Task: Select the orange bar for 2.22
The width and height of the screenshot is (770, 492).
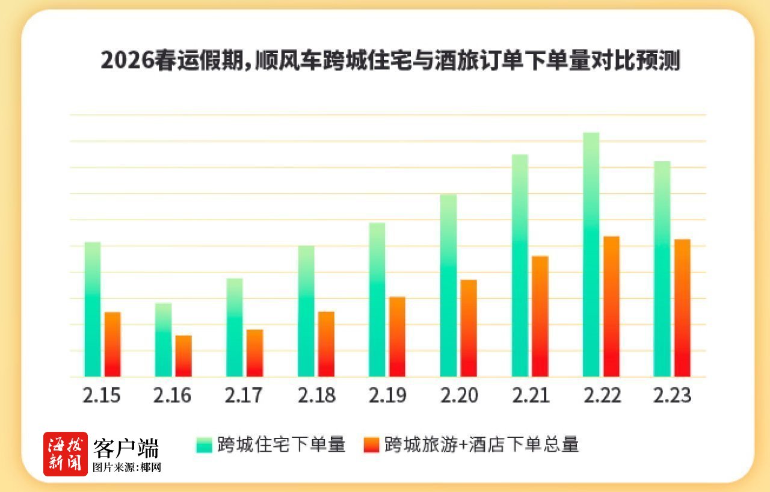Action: tap(611, 307)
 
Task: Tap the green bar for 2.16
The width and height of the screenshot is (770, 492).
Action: tap(164, 340)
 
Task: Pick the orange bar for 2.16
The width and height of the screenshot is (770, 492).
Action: tap(183, 356)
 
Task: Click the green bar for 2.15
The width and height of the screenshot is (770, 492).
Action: tap(93, 309)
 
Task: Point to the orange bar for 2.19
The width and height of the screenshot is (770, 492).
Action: tap(397, 337)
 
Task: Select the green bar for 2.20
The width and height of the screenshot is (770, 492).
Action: tap(448, 285)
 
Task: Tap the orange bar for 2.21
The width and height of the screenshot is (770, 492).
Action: tap(540, 316)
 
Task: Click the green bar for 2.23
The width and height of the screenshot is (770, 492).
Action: tap(662, 269)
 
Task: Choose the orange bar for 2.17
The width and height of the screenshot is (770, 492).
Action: tap(254, 353)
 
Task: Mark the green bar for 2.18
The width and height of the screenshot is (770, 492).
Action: tap(306, 311)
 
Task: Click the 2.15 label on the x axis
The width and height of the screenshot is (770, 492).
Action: tap(102, 396)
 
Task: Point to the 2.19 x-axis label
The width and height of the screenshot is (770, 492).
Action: tap(387, 396)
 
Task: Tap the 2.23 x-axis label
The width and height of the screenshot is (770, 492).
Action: tap(673, 396)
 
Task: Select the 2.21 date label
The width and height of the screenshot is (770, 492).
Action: tap(530, 396)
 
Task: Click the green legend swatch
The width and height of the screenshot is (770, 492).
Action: tap(204, 445)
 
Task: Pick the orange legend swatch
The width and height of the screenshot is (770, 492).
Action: tap(371, 445)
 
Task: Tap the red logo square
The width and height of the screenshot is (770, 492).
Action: tap(65, 454)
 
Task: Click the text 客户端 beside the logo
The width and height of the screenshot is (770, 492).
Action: tap(126, 447)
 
